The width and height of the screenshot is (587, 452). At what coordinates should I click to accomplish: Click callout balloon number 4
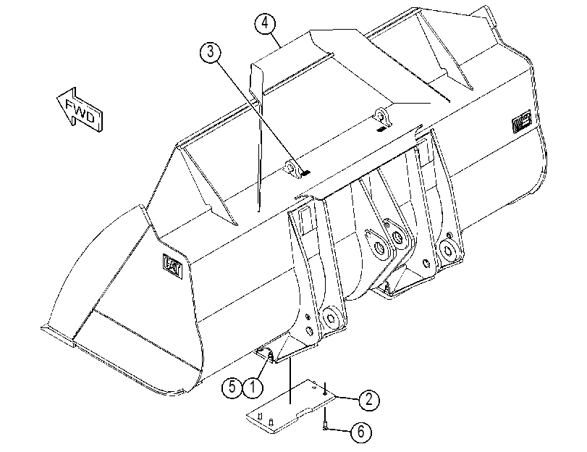coord(265,23)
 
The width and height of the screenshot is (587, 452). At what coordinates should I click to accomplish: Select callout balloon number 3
coord(211,51)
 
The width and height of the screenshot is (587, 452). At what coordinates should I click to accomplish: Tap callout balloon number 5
coord(232,387)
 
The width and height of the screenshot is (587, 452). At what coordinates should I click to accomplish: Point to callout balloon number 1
coord(253,387)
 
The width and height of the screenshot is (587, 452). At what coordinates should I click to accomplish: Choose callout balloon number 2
coord(369,400)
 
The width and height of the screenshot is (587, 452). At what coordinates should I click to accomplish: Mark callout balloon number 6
coord(361,432)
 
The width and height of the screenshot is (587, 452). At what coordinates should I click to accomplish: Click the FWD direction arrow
coord(80,109)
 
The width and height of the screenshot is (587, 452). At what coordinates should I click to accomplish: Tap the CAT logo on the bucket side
coord(173,266)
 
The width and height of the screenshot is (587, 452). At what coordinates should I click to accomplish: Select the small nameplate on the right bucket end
coord(521,121)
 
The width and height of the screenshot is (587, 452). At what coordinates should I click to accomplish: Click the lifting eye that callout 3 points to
coord(292,169)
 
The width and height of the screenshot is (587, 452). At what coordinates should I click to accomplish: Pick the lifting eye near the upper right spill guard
coord(383,116)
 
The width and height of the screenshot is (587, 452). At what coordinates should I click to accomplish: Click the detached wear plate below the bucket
coord(291,407)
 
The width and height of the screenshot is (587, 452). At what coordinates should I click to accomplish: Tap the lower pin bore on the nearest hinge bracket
coord(332,318)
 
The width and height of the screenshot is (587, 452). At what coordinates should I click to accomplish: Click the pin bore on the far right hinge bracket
coord(447,250)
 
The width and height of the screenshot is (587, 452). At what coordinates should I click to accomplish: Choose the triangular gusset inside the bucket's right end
coord(445,51)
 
